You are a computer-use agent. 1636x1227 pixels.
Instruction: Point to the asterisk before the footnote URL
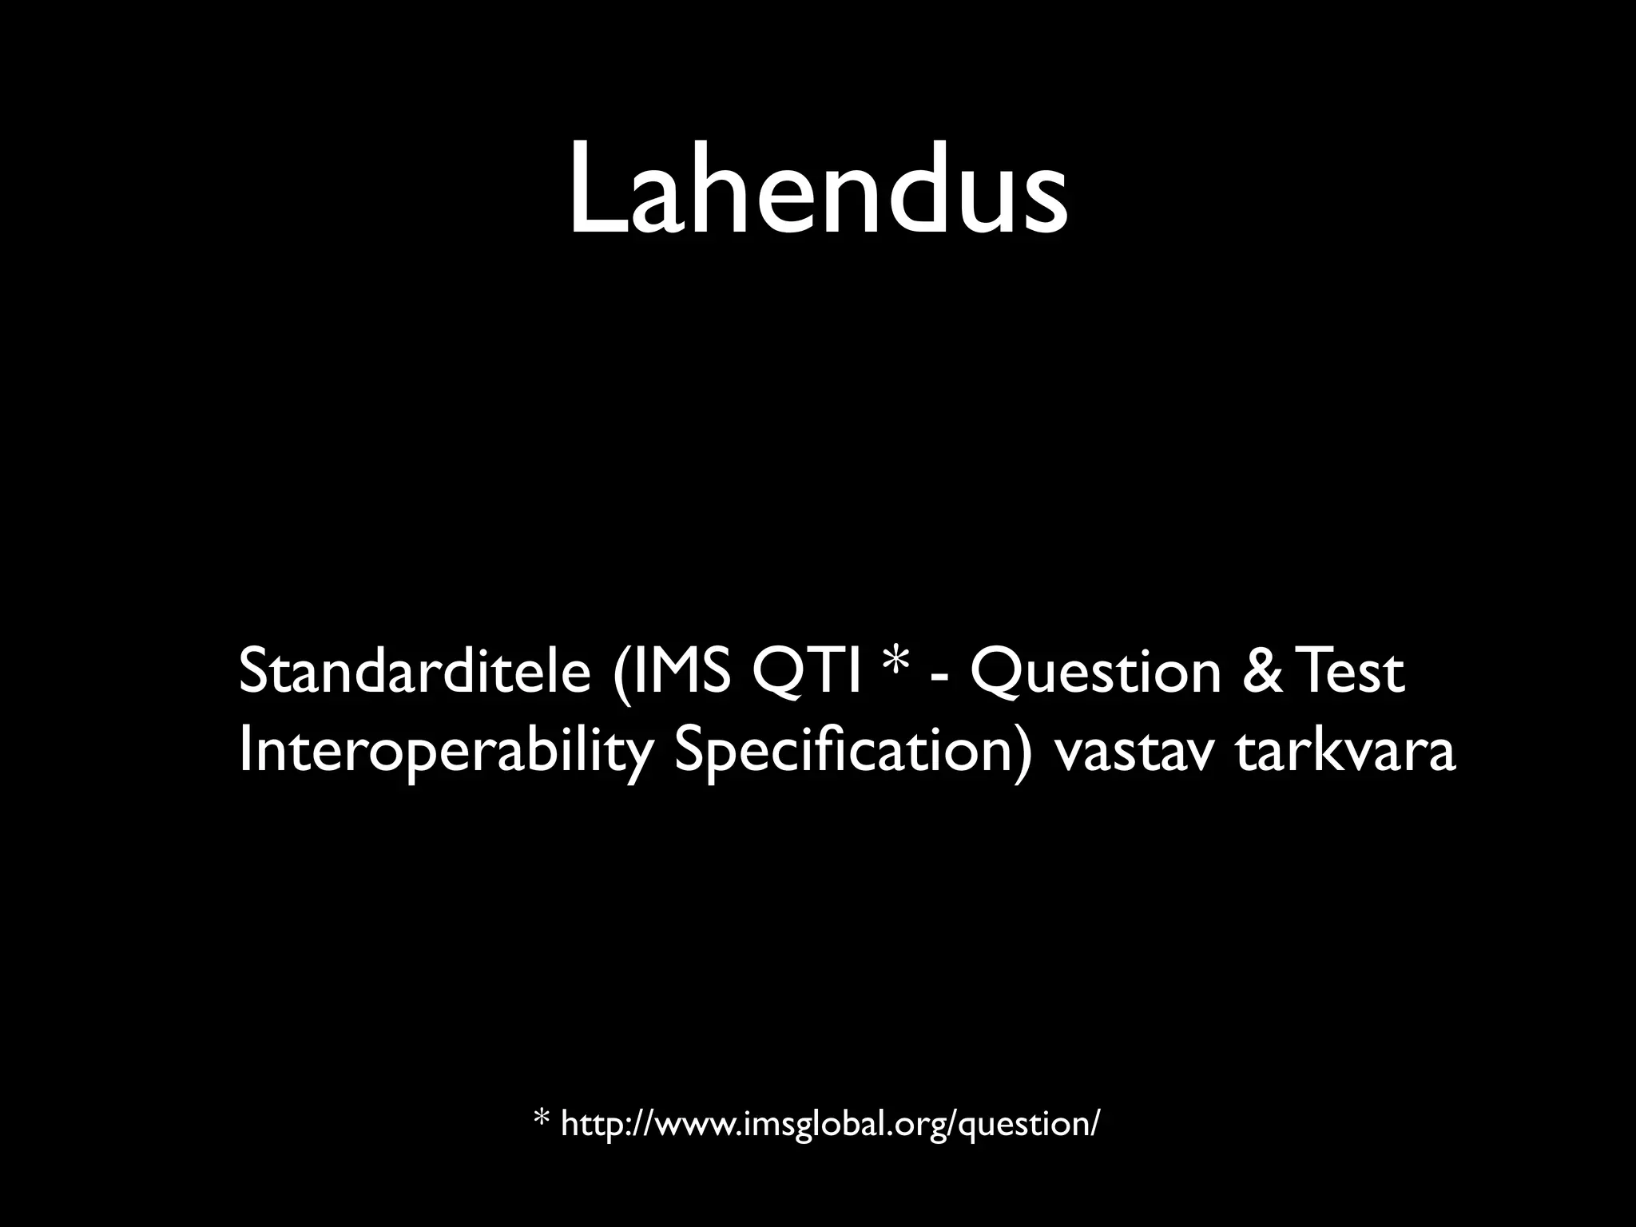tap(542, 1118)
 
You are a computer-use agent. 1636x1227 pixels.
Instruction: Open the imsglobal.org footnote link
tap(831, 1125)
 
